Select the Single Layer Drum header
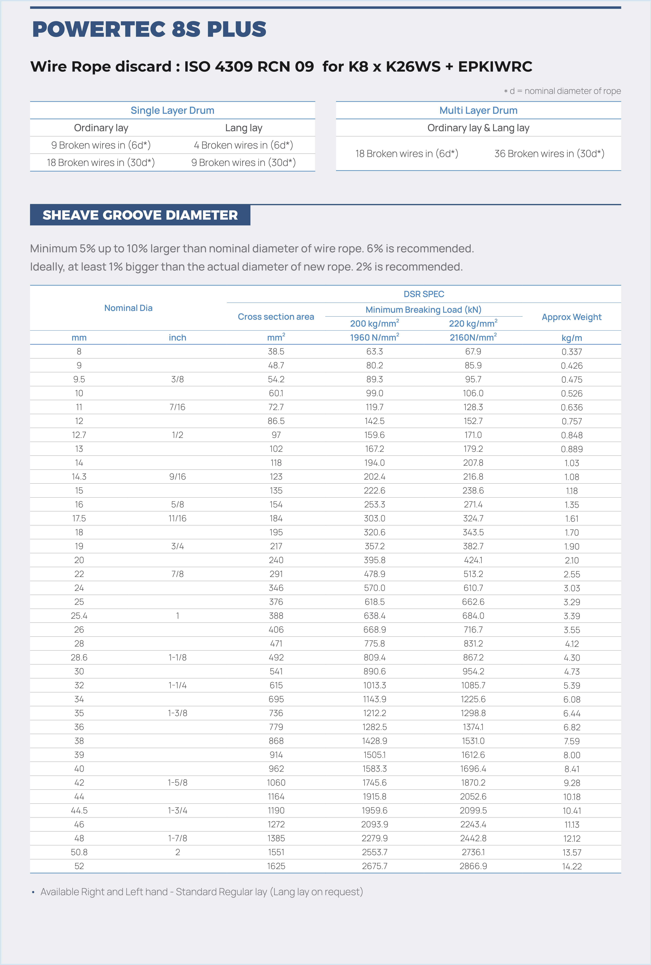(x=172, y=110)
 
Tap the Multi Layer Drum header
(x=478, y=110)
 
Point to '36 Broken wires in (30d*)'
(x=549, y=154)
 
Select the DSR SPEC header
(x=424, y=294)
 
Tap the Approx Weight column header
(x=571, y=317)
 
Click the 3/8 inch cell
(x=177, y=379)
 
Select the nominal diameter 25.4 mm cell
(x=79, y=616)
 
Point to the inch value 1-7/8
(x=177, y=838)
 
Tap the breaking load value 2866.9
(x=473, y=866)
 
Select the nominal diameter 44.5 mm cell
(x=79, y=811)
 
